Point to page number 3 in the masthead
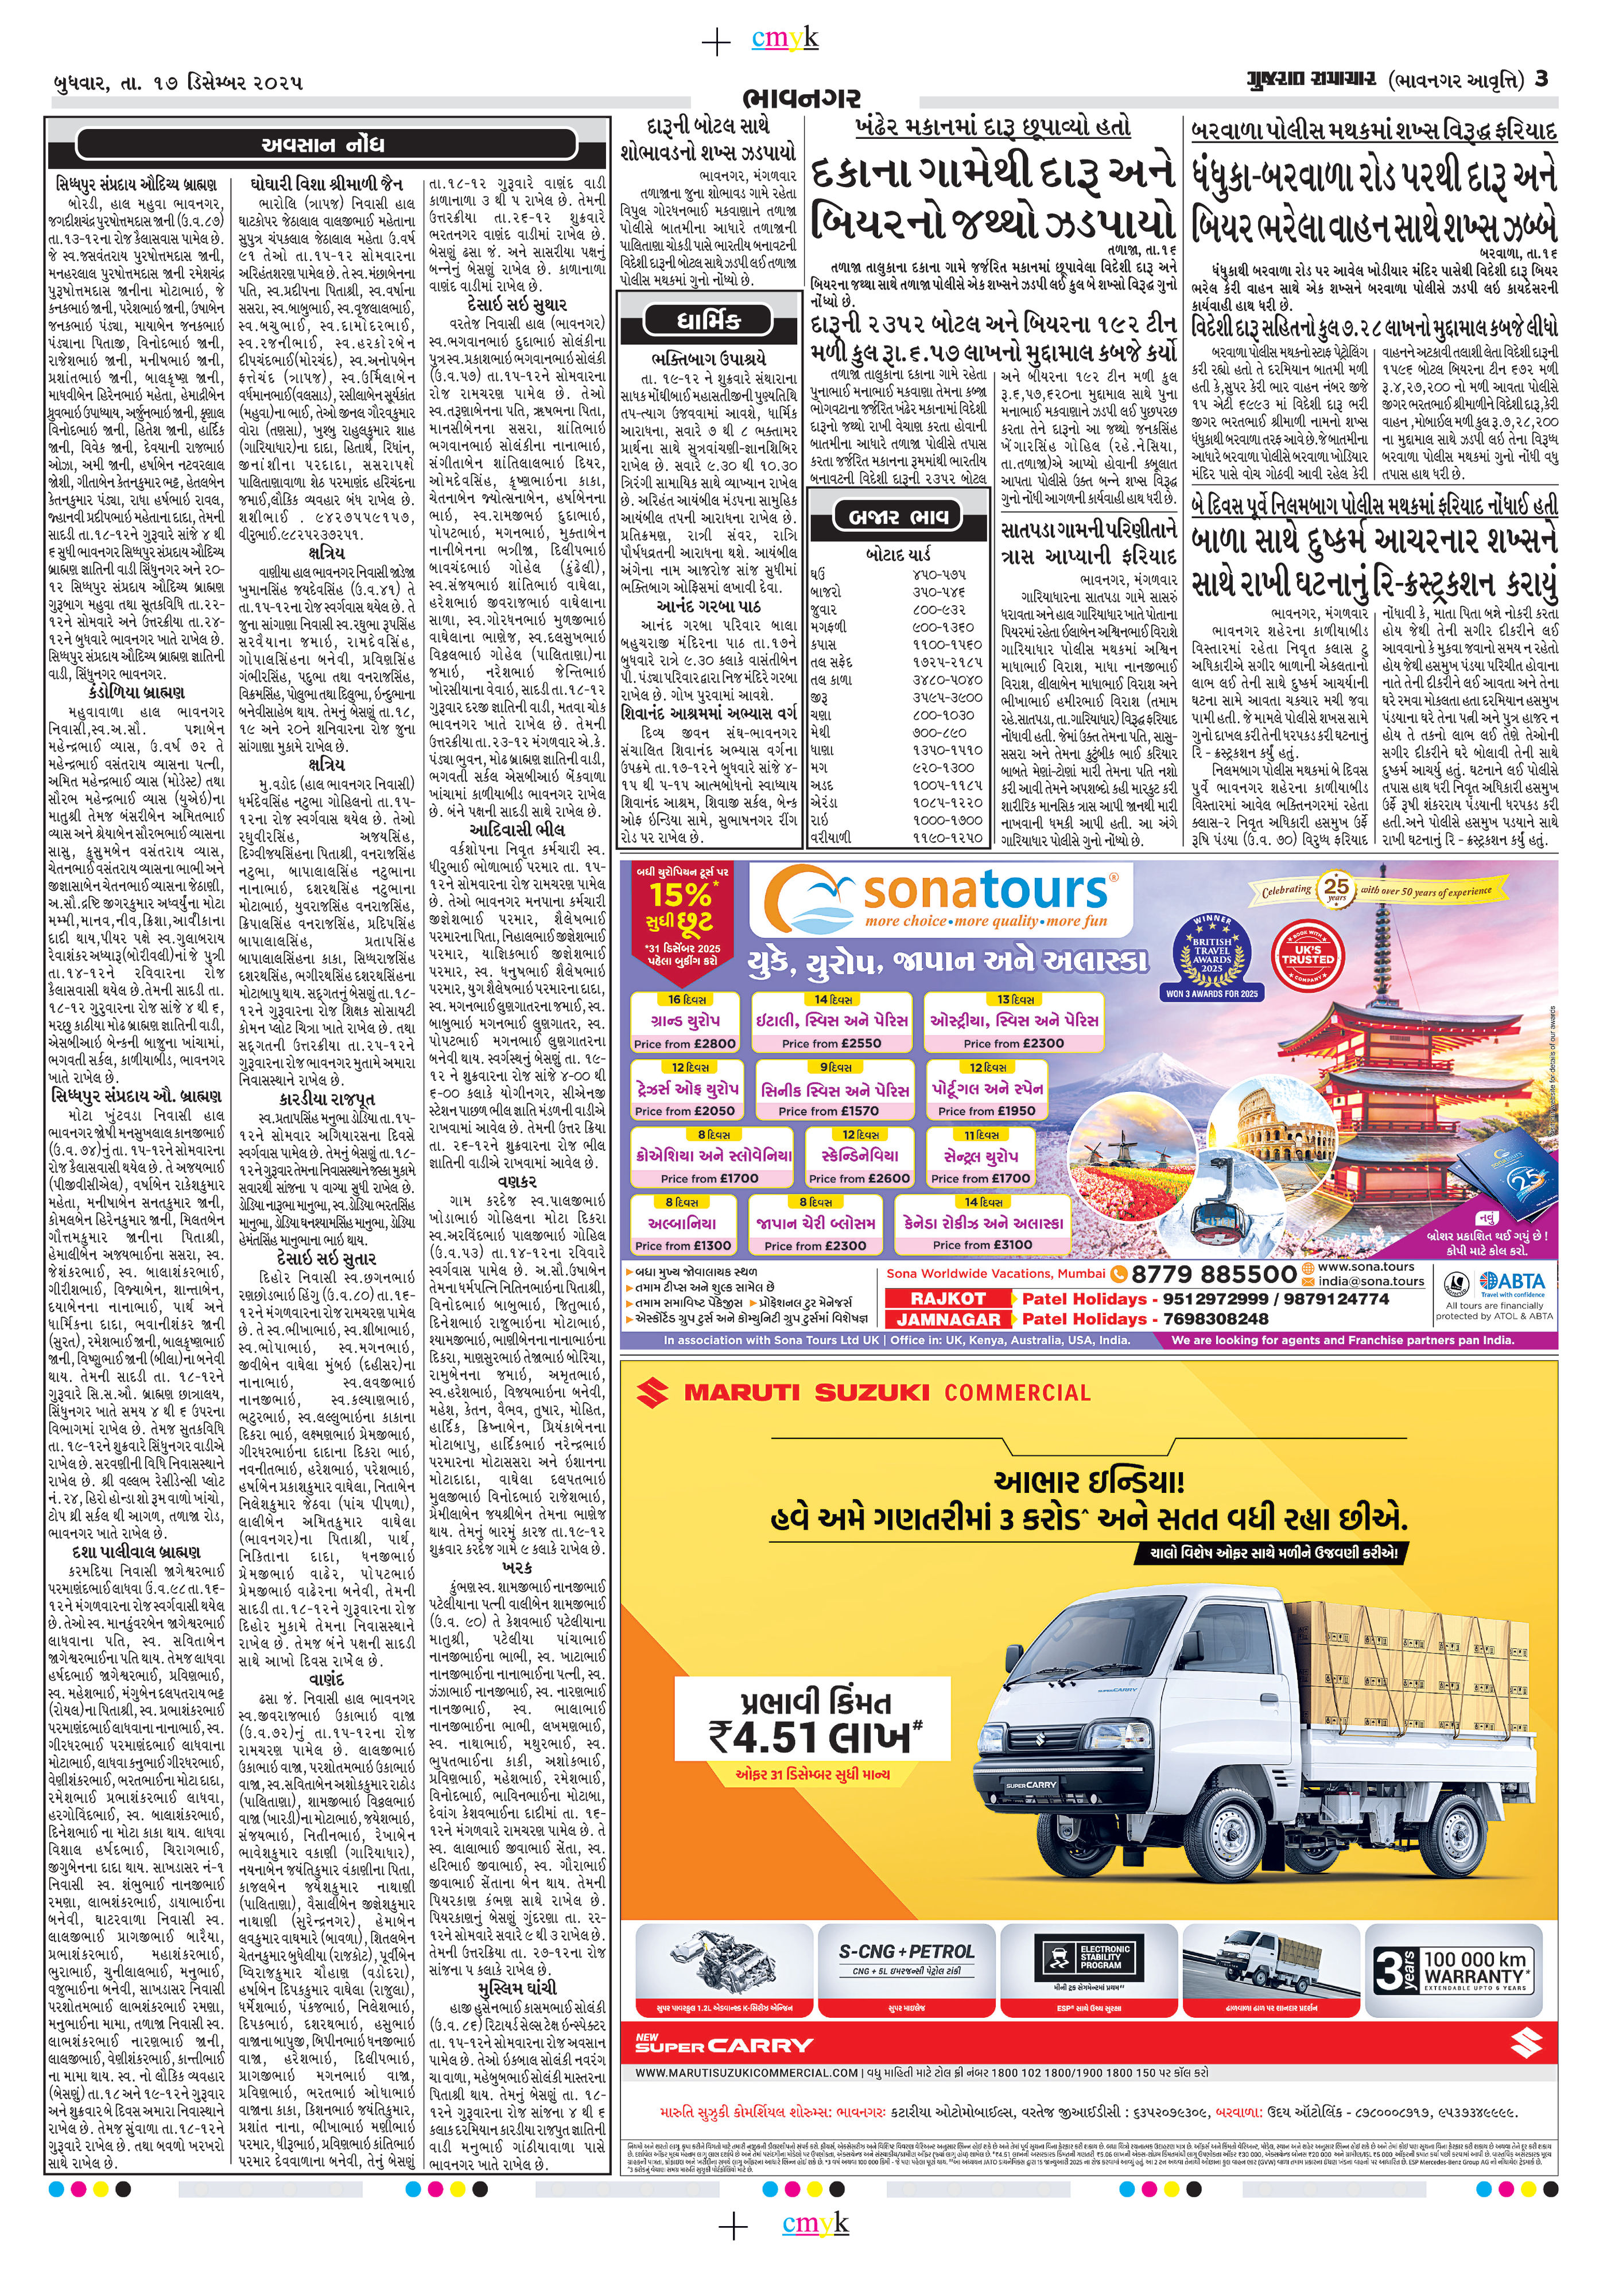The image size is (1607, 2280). pos(1540,79)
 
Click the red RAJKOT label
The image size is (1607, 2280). pos(949,1298)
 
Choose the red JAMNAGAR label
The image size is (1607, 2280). pos(949,1319)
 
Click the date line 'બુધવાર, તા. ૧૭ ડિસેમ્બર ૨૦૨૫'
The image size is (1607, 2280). pos(178,81)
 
